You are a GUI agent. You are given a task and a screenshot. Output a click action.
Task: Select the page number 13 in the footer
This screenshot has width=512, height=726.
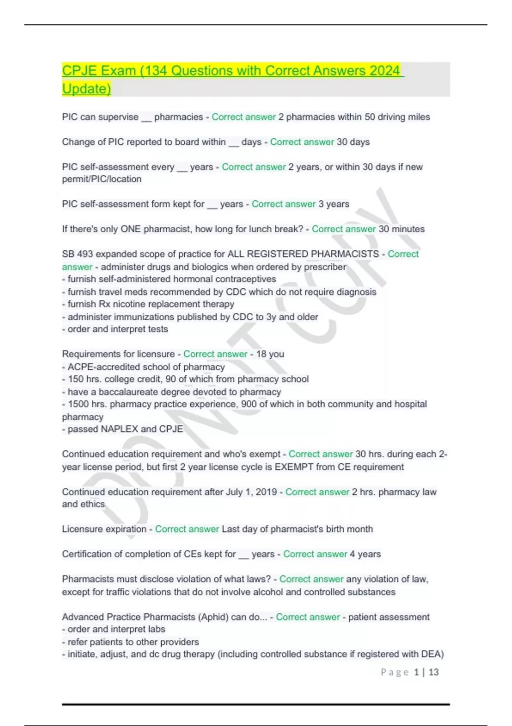point(433,672)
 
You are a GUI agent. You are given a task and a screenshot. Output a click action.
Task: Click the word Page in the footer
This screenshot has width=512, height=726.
point(395,672)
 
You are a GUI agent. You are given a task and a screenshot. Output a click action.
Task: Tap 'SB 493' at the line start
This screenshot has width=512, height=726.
point(77,254)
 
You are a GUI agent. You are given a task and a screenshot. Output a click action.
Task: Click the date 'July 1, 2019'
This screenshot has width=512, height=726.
point(251,492)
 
